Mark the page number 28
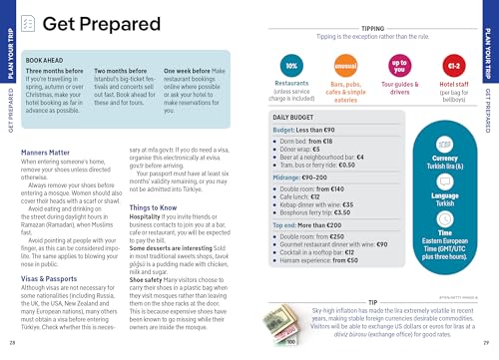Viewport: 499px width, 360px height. coord(13,344)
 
